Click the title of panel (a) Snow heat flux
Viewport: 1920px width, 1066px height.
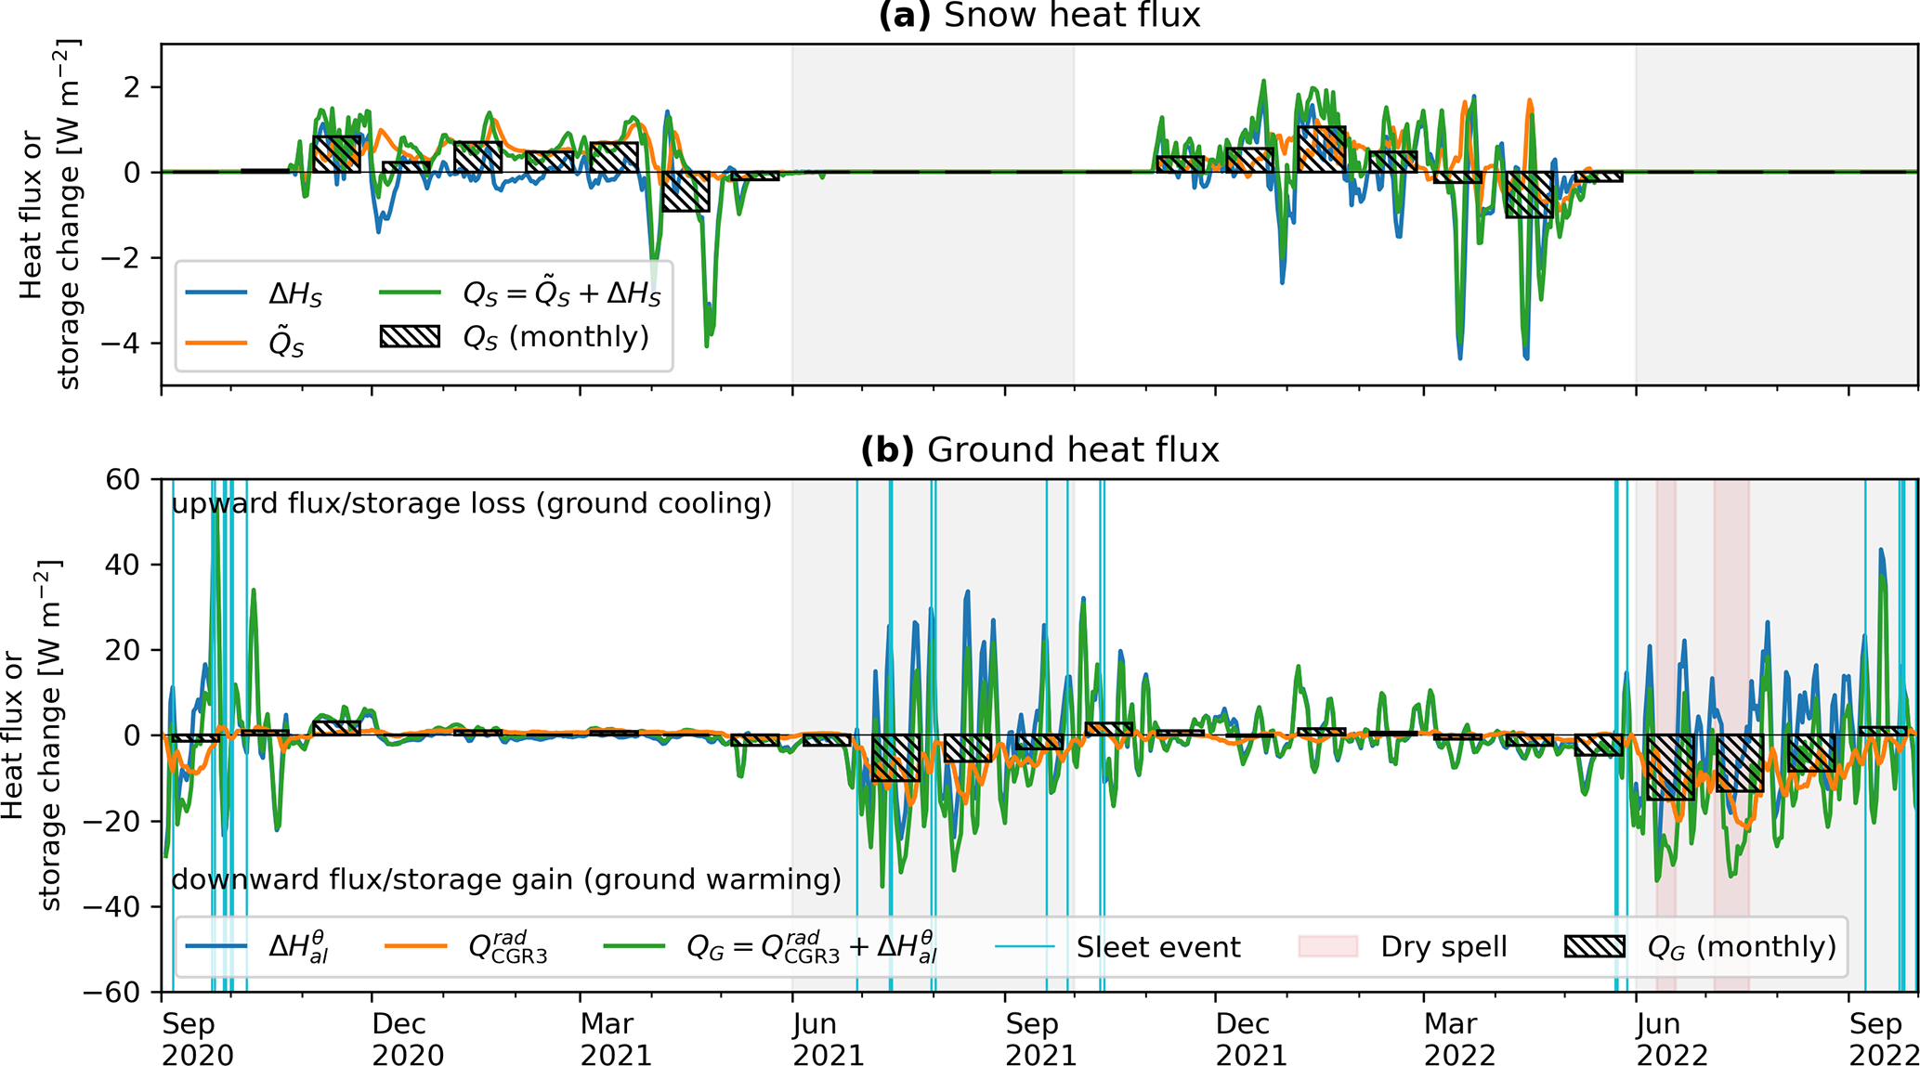[1039, 16]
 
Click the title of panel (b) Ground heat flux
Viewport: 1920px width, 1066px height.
[1039, 450]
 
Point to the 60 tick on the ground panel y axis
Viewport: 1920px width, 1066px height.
[131, 479]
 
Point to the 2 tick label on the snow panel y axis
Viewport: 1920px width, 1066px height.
[139, 87]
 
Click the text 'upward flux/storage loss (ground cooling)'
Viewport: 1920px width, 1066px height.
[471, 503]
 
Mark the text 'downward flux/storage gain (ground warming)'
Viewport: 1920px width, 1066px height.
[506, 878]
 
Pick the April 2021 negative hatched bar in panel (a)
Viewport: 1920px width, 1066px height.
[686, 191]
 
